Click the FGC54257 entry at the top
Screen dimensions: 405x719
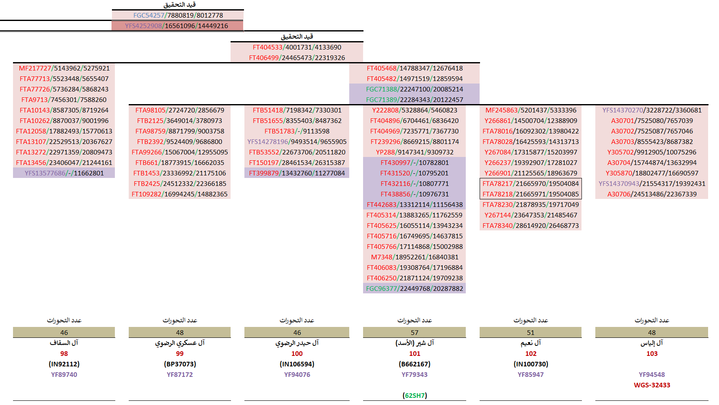pos(178,16)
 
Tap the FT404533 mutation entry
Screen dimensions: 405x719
pos(297,47)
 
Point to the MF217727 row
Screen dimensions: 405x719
pos(64,68)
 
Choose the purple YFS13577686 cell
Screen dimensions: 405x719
pos(64,173)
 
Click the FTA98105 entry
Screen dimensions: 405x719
pos(179,110)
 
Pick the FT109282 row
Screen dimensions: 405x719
pos(179,194)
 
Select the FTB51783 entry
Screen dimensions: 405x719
pos(297,131)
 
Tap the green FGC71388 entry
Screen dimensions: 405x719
pos(414,89)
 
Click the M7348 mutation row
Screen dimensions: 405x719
pos(414,257)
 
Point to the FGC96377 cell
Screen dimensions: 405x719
pos(414,289)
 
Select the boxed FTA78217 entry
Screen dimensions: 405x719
pos(530,184)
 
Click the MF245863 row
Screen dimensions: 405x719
pos(531,110)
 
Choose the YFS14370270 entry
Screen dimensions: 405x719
pos(652,110)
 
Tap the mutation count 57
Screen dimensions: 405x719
pos(414,332)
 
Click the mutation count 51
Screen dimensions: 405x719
pos(530,332)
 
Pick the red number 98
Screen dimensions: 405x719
pos(64,354)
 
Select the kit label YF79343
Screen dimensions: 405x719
pos(414,375)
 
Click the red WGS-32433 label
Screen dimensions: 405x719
pos(652,385)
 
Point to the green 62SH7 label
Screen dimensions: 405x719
pos(414,396)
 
